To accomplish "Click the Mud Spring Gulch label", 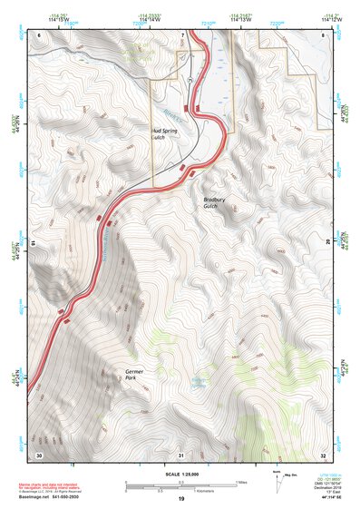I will click(164, 133).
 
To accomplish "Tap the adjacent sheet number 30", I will click(39, 454).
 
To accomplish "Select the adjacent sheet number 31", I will click(181, 454).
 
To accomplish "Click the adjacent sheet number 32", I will click(323, 454).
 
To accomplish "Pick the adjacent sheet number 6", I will click(39, 34).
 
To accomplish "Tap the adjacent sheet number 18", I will click(34, 243).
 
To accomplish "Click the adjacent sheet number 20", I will click(327, 243).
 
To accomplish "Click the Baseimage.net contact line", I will click(51, 496).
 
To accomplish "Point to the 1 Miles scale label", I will click(241, 481).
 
